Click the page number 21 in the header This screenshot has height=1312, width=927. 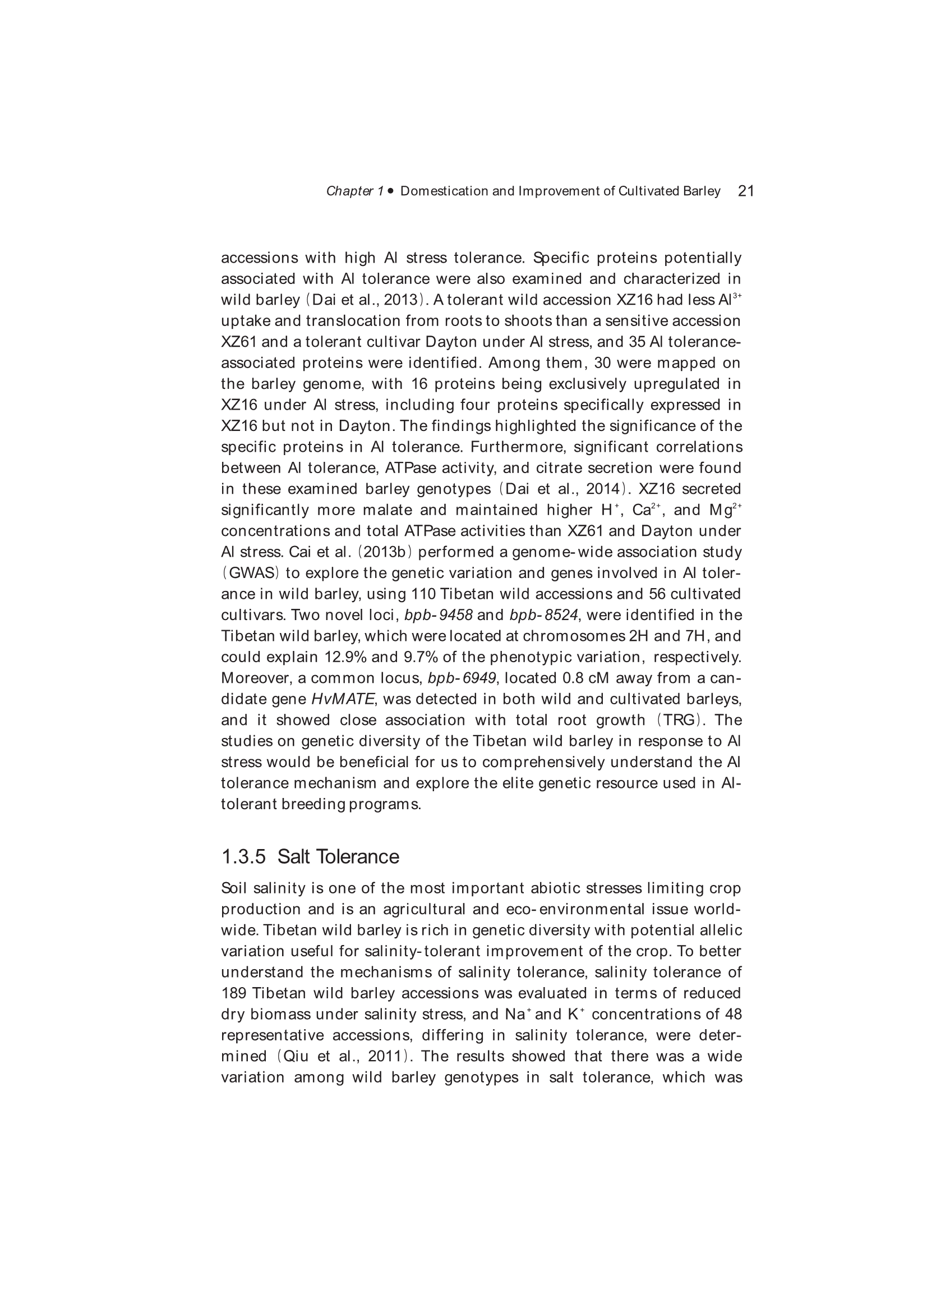tap(746, 191)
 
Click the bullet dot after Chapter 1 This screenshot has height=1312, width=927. tap(391, 191)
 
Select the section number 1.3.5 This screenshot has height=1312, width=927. tap(243, 856)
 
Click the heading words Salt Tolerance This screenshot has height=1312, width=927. tap(338, 856)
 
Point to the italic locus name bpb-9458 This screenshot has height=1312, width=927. tap(438, 616)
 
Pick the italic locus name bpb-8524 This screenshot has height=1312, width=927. tap(544, 616)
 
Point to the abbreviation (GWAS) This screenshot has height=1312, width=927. tap(250, 573)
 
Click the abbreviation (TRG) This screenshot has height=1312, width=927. tap(678, 720)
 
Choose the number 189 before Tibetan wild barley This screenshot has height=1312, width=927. tap(233, 993)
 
